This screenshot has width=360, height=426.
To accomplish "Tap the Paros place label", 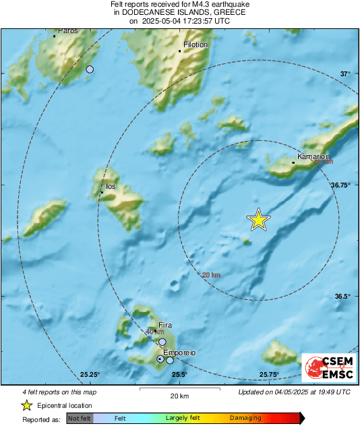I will pos(68,30).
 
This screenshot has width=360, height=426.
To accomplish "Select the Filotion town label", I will pos(195,45).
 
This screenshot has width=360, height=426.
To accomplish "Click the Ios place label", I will pos(111,187).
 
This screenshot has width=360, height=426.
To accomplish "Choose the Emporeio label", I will pos(179,352).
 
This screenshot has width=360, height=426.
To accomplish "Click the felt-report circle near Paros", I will pos(90,69).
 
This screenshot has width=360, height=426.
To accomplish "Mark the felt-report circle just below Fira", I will pos(162,342).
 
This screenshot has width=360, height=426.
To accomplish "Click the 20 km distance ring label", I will pos(211,274).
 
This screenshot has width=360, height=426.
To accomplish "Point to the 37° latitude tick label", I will pos(344,74).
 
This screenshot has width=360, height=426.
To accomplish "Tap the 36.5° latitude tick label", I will pos(342,296).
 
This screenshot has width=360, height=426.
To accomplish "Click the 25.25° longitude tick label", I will pos(90,375).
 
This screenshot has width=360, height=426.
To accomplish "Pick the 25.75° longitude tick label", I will pos(269,375).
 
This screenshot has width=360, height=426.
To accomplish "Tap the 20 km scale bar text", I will pos(179,396).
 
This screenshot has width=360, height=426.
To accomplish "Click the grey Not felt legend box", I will pos(80,418).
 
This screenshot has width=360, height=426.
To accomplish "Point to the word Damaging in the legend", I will pos(245,418).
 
